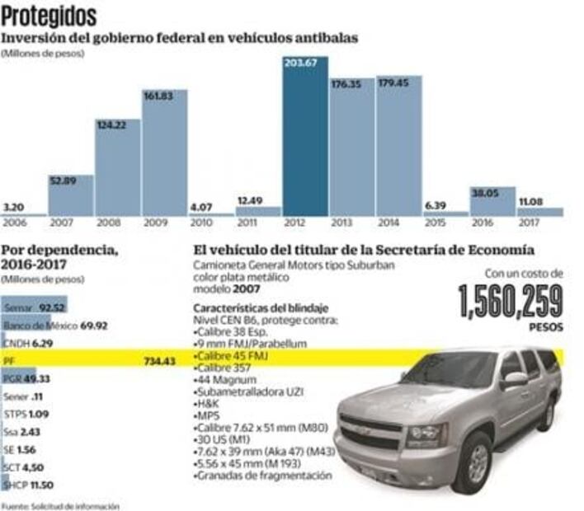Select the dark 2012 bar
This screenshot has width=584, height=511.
[305, 136]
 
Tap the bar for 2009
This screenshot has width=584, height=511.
[164, 152]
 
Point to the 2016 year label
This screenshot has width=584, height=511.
[482, 223]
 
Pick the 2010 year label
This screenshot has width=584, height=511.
[200, 223]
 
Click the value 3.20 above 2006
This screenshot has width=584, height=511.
[13, 206]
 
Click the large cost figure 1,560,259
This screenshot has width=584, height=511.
[511, 301]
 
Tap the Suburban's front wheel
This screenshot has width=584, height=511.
[472, 462]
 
